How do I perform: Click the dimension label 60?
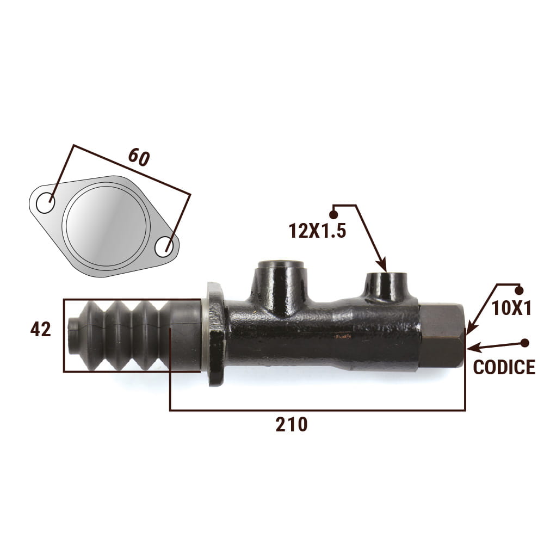click(139, 157)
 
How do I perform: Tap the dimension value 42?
click(41, 329)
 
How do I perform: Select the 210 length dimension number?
click(292, 424)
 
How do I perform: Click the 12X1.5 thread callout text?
click(318, 231)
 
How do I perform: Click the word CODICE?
click(504, 367)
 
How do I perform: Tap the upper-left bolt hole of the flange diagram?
click(46, 203)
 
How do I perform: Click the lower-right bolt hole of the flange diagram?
click(164, 247)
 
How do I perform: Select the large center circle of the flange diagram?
click(106, 226)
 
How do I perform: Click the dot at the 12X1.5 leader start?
click(333, 214)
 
